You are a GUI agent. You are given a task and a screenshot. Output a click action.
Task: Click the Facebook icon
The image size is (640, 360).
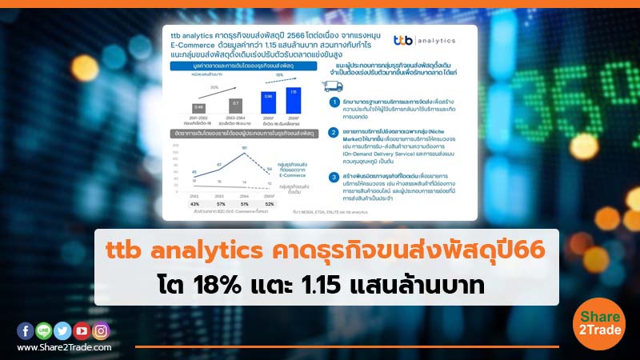tap(24, 330)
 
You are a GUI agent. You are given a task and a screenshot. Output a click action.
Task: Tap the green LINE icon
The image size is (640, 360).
tap(43, 330)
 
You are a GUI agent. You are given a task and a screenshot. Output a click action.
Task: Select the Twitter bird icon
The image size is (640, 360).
tap(62, 330)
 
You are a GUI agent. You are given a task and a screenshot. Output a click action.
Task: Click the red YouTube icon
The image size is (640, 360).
tap(82, 330)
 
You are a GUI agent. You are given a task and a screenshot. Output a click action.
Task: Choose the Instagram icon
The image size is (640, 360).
tap(101, 330)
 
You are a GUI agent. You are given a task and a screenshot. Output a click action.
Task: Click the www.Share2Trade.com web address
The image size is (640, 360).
tap(63, 347)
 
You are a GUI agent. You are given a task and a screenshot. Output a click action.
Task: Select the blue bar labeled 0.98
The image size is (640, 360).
tap(267, 104)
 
